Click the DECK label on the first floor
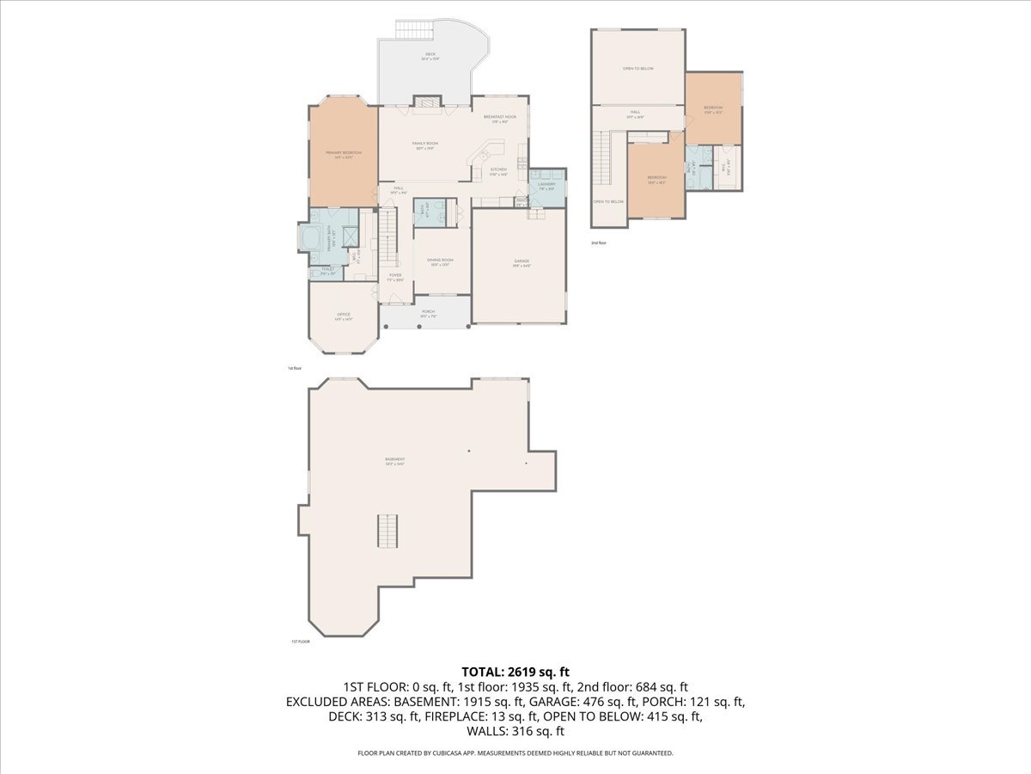(x=430, y=56)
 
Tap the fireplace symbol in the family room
(x=427, y=102)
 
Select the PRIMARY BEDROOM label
(x=343, y=153)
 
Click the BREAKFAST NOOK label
(x=499, y=117)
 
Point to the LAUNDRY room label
(x=546, y=184)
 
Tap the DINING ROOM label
(x=440, y=261)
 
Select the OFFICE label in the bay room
(x=342, y=316)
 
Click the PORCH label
(x=427, y=312)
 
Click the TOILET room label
(x=326, y=270)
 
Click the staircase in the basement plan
(x=387, y=530)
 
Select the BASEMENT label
(x=394, y=461)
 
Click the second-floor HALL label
(x=635, y=112)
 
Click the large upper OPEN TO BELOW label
(x=638, y=68)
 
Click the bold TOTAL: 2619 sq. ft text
(x=515, y=671)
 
